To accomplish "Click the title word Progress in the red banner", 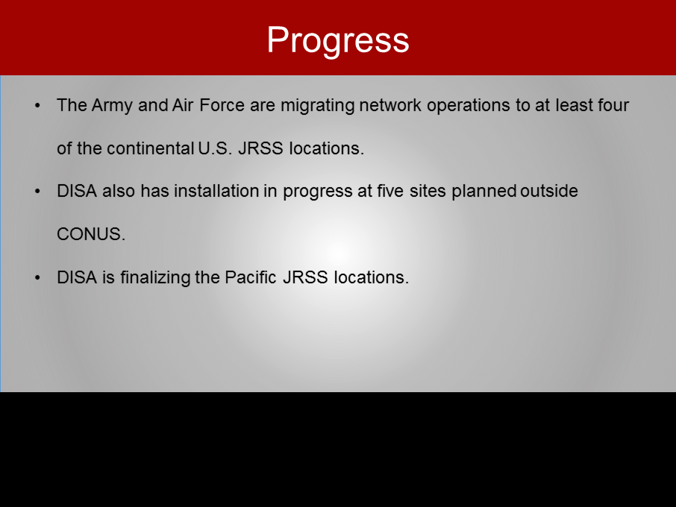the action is point(338,41).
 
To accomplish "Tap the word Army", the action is point(112,106).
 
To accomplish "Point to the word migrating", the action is point(317,106).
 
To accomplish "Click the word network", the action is point(390,105).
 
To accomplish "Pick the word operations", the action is point(469,106).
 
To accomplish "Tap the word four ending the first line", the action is point(613,105).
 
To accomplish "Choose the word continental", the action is point(151,148).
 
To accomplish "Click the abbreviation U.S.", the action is point(215,148).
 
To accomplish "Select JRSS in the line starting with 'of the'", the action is point(260,148).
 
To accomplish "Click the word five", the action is point(390,191).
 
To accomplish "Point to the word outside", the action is point(549,191).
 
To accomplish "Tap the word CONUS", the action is point(91,234).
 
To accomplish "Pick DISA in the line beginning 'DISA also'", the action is point(77,191).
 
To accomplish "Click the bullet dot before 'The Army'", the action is point(37,106).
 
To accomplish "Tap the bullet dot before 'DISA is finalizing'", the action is point(37,278).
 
